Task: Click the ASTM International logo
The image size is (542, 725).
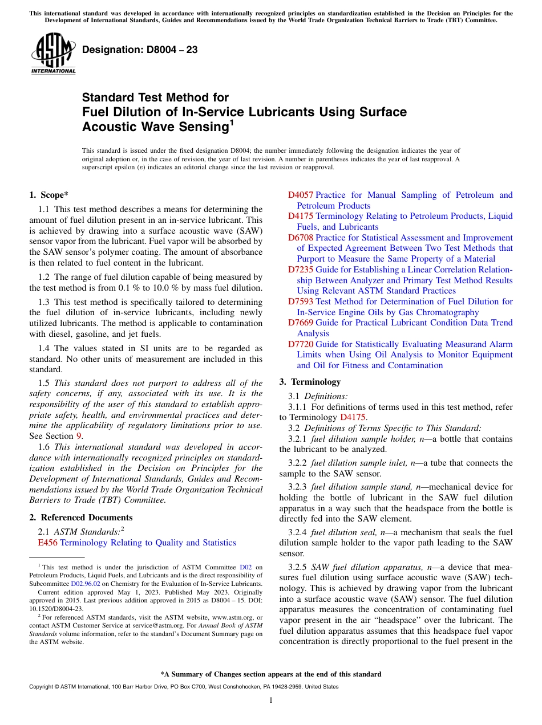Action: click(x=53, y=54)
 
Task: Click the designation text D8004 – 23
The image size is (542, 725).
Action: click(x=140, y=50)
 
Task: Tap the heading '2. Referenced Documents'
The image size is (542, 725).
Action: click(x=81, y=518)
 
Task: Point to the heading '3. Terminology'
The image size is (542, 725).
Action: click(x=310, y=382)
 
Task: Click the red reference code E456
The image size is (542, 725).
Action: click(x=47, y=543)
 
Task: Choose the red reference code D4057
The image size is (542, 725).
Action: click(x=300, y=195)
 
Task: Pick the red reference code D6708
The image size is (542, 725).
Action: click(x=300, y=238)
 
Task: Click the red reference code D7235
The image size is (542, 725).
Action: click(x=300, y=270)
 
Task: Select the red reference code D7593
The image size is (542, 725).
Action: click(x=300, y=302)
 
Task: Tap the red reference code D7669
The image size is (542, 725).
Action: click(x=300, y=323)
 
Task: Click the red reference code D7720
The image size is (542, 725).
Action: click(x=300, y=344)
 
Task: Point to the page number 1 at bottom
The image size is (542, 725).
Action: click(x=271, y=700)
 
